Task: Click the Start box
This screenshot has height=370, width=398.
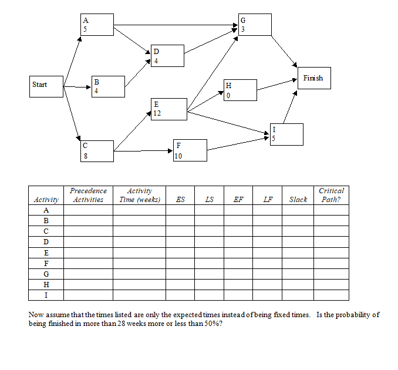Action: pos(47,85)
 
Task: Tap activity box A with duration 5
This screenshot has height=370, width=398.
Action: pos(97,25)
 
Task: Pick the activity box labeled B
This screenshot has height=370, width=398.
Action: pos(108,86)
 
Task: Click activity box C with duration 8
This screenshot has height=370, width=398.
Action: pos(97,151)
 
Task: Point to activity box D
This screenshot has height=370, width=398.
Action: pos(167,56)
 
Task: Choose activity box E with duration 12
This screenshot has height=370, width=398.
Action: pos(169,109)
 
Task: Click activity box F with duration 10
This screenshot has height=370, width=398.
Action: pos(190,150)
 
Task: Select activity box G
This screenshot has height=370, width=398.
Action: pos(255,25)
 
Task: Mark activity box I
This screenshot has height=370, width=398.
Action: pos(286,134)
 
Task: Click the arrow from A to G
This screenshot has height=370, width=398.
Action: pos(176,25)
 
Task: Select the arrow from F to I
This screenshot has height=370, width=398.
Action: pos(238,144)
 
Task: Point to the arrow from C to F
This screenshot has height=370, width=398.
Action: pos(144,151)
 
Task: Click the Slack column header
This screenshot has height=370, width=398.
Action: pos(298,200)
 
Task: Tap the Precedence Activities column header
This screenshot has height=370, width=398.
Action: pos(88,195)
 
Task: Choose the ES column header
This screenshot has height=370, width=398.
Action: pos(180,200)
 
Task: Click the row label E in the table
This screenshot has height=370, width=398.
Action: pos(46,253)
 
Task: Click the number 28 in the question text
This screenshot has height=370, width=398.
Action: pos(123,324)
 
